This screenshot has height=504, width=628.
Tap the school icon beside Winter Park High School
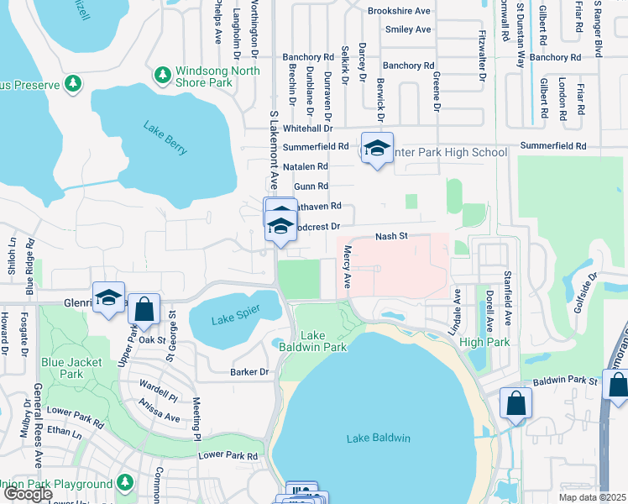[x=377, y=150]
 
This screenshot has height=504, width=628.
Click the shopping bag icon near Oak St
[x=144, y=309]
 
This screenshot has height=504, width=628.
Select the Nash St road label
[x=390, y=237]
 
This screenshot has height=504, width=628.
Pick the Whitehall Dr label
[x=308, y=129]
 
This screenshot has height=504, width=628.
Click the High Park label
[x=484, y=342]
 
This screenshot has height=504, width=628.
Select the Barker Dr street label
[x=251, y=371]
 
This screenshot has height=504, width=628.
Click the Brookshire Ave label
[x=399, y=11]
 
